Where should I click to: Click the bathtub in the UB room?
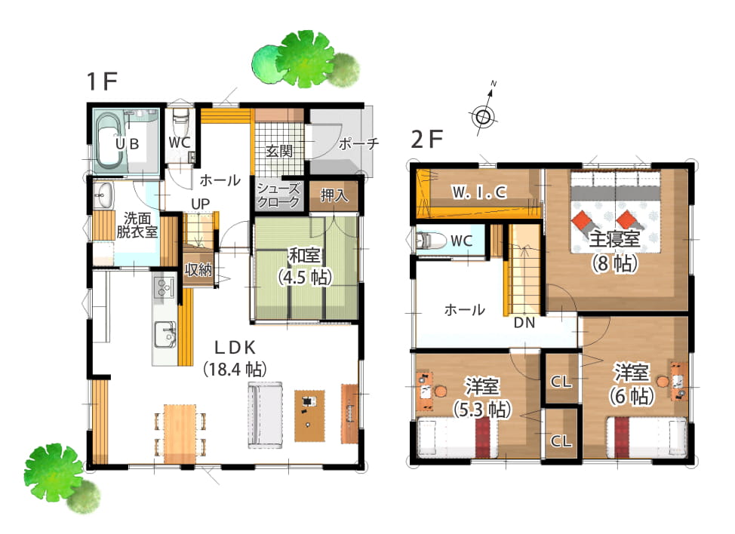tap(111, 140)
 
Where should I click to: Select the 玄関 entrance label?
tap(279, 151)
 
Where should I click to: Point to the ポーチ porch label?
tap(358, 143)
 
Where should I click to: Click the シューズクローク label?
tap(278, 195)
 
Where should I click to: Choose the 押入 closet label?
tap(334, 195)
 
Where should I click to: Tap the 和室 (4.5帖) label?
tap(305, 266)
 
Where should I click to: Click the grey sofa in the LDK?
tap(265, 416)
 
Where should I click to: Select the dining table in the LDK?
tap(180, 433)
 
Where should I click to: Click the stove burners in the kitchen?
tap(164, 287)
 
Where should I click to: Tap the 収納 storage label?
tap(198, 269)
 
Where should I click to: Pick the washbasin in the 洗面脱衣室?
tap(103, 195)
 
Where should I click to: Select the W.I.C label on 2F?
tap(479, 192)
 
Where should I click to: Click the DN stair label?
tap(524, 322)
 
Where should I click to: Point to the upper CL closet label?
tap(561, 382)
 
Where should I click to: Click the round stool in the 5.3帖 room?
tap(441, 390)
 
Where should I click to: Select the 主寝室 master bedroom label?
tap(614, 239)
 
